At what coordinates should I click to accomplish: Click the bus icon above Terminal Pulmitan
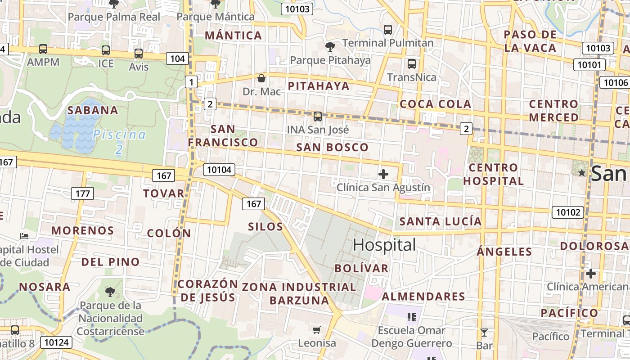(x=387, y=30)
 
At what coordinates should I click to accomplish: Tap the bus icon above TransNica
(x=411, y=64)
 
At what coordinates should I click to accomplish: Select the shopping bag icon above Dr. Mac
(x=261, y=78)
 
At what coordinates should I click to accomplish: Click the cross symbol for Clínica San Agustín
(x=383, y=174)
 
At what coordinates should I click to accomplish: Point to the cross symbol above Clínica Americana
(x=590, y=273)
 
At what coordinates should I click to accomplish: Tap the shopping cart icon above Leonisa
(x=317, y=330)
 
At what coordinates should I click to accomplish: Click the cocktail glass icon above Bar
(x=484, y=333)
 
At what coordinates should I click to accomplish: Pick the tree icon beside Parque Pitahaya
(x=330, y=46)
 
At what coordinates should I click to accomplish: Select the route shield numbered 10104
(x=219, y=170)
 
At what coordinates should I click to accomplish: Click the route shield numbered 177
(x=82, y=194)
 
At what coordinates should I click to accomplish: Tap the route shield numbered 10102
(x=568, y=212)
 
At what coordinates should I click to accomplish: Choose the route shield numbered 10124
(x=57, y=342)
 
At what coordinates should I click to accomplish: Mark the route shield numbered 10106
(x=616, y=82)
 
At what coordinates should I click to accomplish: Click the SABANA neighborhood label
(x=93, y=110)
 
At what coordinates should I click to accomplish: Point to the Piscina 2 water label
(x=119, y=141)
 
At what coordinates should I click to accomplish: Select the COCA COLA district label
(x=435, y=104)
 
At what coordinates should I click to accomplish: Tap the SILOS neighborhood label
(x=265, y=226)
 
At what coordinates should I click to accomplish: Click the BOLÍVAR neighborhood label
(x=361, y=268)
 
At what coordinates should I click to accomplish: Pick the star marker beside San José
(x=581, y=173)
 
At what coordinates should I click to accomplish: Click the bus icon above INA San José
(x=318, y=117)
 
